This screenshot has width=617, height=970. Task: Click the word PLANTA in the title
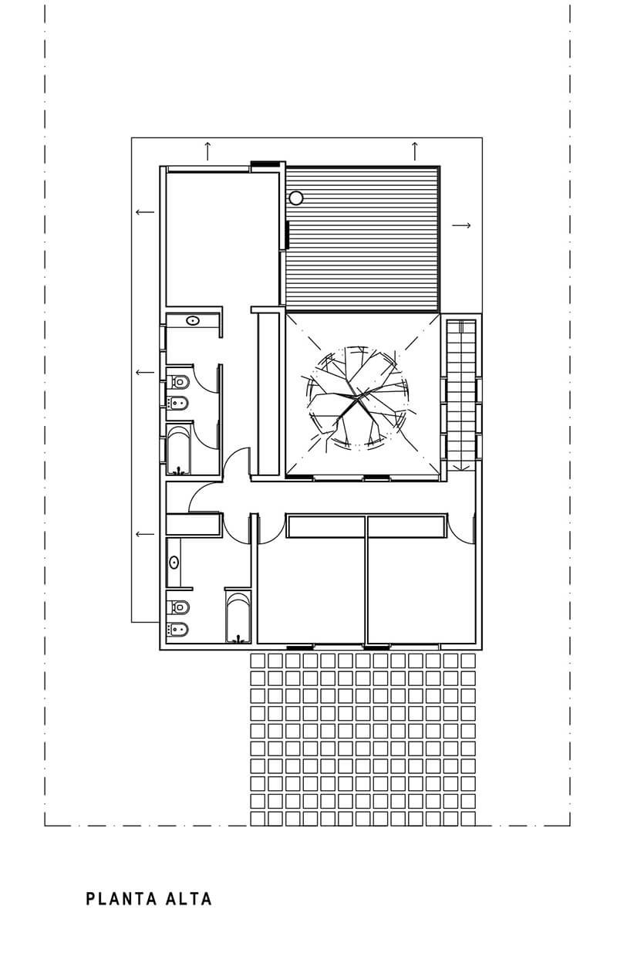click(x=122, y=899)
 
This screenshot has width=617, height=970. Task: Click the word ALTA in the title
click(x=189, y=899)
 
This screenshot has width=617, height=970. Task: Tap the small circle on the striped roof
click(x=296, y=198)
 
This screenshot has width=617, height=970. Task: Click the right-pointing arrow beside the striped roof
click(x=461, y=225)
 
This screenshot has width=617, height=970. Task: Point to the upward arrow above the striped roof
click(x=415, y=151)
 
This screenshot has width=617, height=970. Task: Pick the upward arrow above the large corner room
click(x=207, y=151)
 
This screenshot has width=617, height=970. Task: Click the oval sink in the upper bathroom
click(x=193, y=321)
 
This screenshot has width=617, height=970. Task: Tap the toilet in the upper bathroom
click(x=178, y=382)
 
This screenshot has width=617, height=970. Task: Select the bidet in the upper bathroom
click(x=178, y=404)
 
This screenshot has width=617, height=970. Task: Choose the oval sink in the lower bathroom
click(x=174, y=563)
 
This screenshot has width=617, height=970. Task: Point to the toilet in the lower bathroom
click(x=178, y=607)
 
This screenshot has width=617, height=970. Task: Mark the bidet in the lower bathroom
click(x=178, y=630)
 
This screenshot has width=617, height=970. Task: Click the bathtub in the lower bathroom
click(x=238, y=617)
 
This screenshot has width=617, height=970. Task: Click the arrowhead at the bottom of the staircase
click(x=461, y=468)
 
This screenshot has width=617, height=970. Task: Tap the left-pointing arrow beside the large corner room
click(x=145, y=212)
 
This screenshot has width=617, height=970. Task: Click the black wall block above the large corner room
click(x=265, y=164)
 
